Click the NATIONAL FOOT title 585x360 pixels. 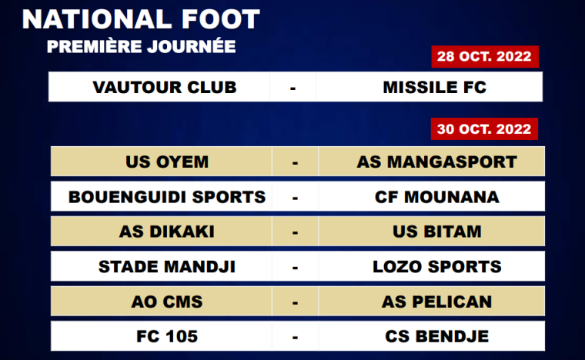point(141,19)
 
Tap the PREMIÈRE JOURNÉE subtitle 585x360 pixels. point(142,46)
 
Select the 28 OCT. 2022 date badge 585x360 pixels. point(485,57)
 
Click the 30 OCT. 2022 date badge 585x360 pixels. point(484,129)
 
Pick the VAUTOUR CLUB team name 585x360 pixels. point(165,88)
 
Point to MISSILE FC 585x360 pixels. point(435,88)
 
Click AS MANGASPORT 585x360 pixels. point(437,162)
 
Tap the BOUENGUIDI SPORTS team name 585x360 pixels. point(167,197)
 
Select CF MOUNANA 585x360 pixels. point(437,197)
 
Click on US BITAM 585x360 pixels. point(437,232)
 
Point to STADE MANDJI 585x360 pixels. point(167,267)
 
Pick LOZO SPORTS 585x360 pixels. point(437,267)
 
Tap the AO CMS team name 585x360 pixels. point(167,302)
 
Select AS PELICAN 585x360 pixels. point(437,302)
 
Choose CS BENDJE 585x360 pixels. point(437,336)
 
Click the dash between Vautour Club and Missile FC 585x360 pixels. point(292,88)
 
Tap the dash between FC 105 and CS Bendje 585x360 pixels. point(295,338)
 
